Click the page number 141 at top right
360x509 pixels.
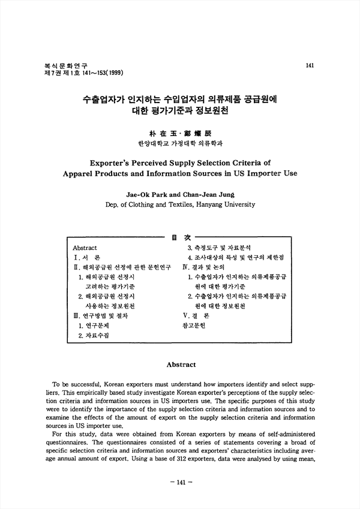pos(310,65)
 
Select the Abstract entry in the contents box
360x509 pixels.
pos(85,248)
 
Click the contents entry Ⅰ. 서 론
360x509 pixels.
pos(86,257)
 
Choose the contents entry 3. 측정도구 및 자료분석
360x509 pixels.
pos(219,248)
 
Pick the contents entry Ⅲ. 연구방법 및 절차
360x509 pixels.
pos(100,315)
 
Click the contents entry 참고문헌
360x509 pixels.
pos(194,326)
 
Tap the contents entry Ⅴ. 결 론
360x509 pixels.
pos(196,315)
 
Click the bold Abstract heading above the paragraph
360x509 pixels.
pos(180,365)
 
